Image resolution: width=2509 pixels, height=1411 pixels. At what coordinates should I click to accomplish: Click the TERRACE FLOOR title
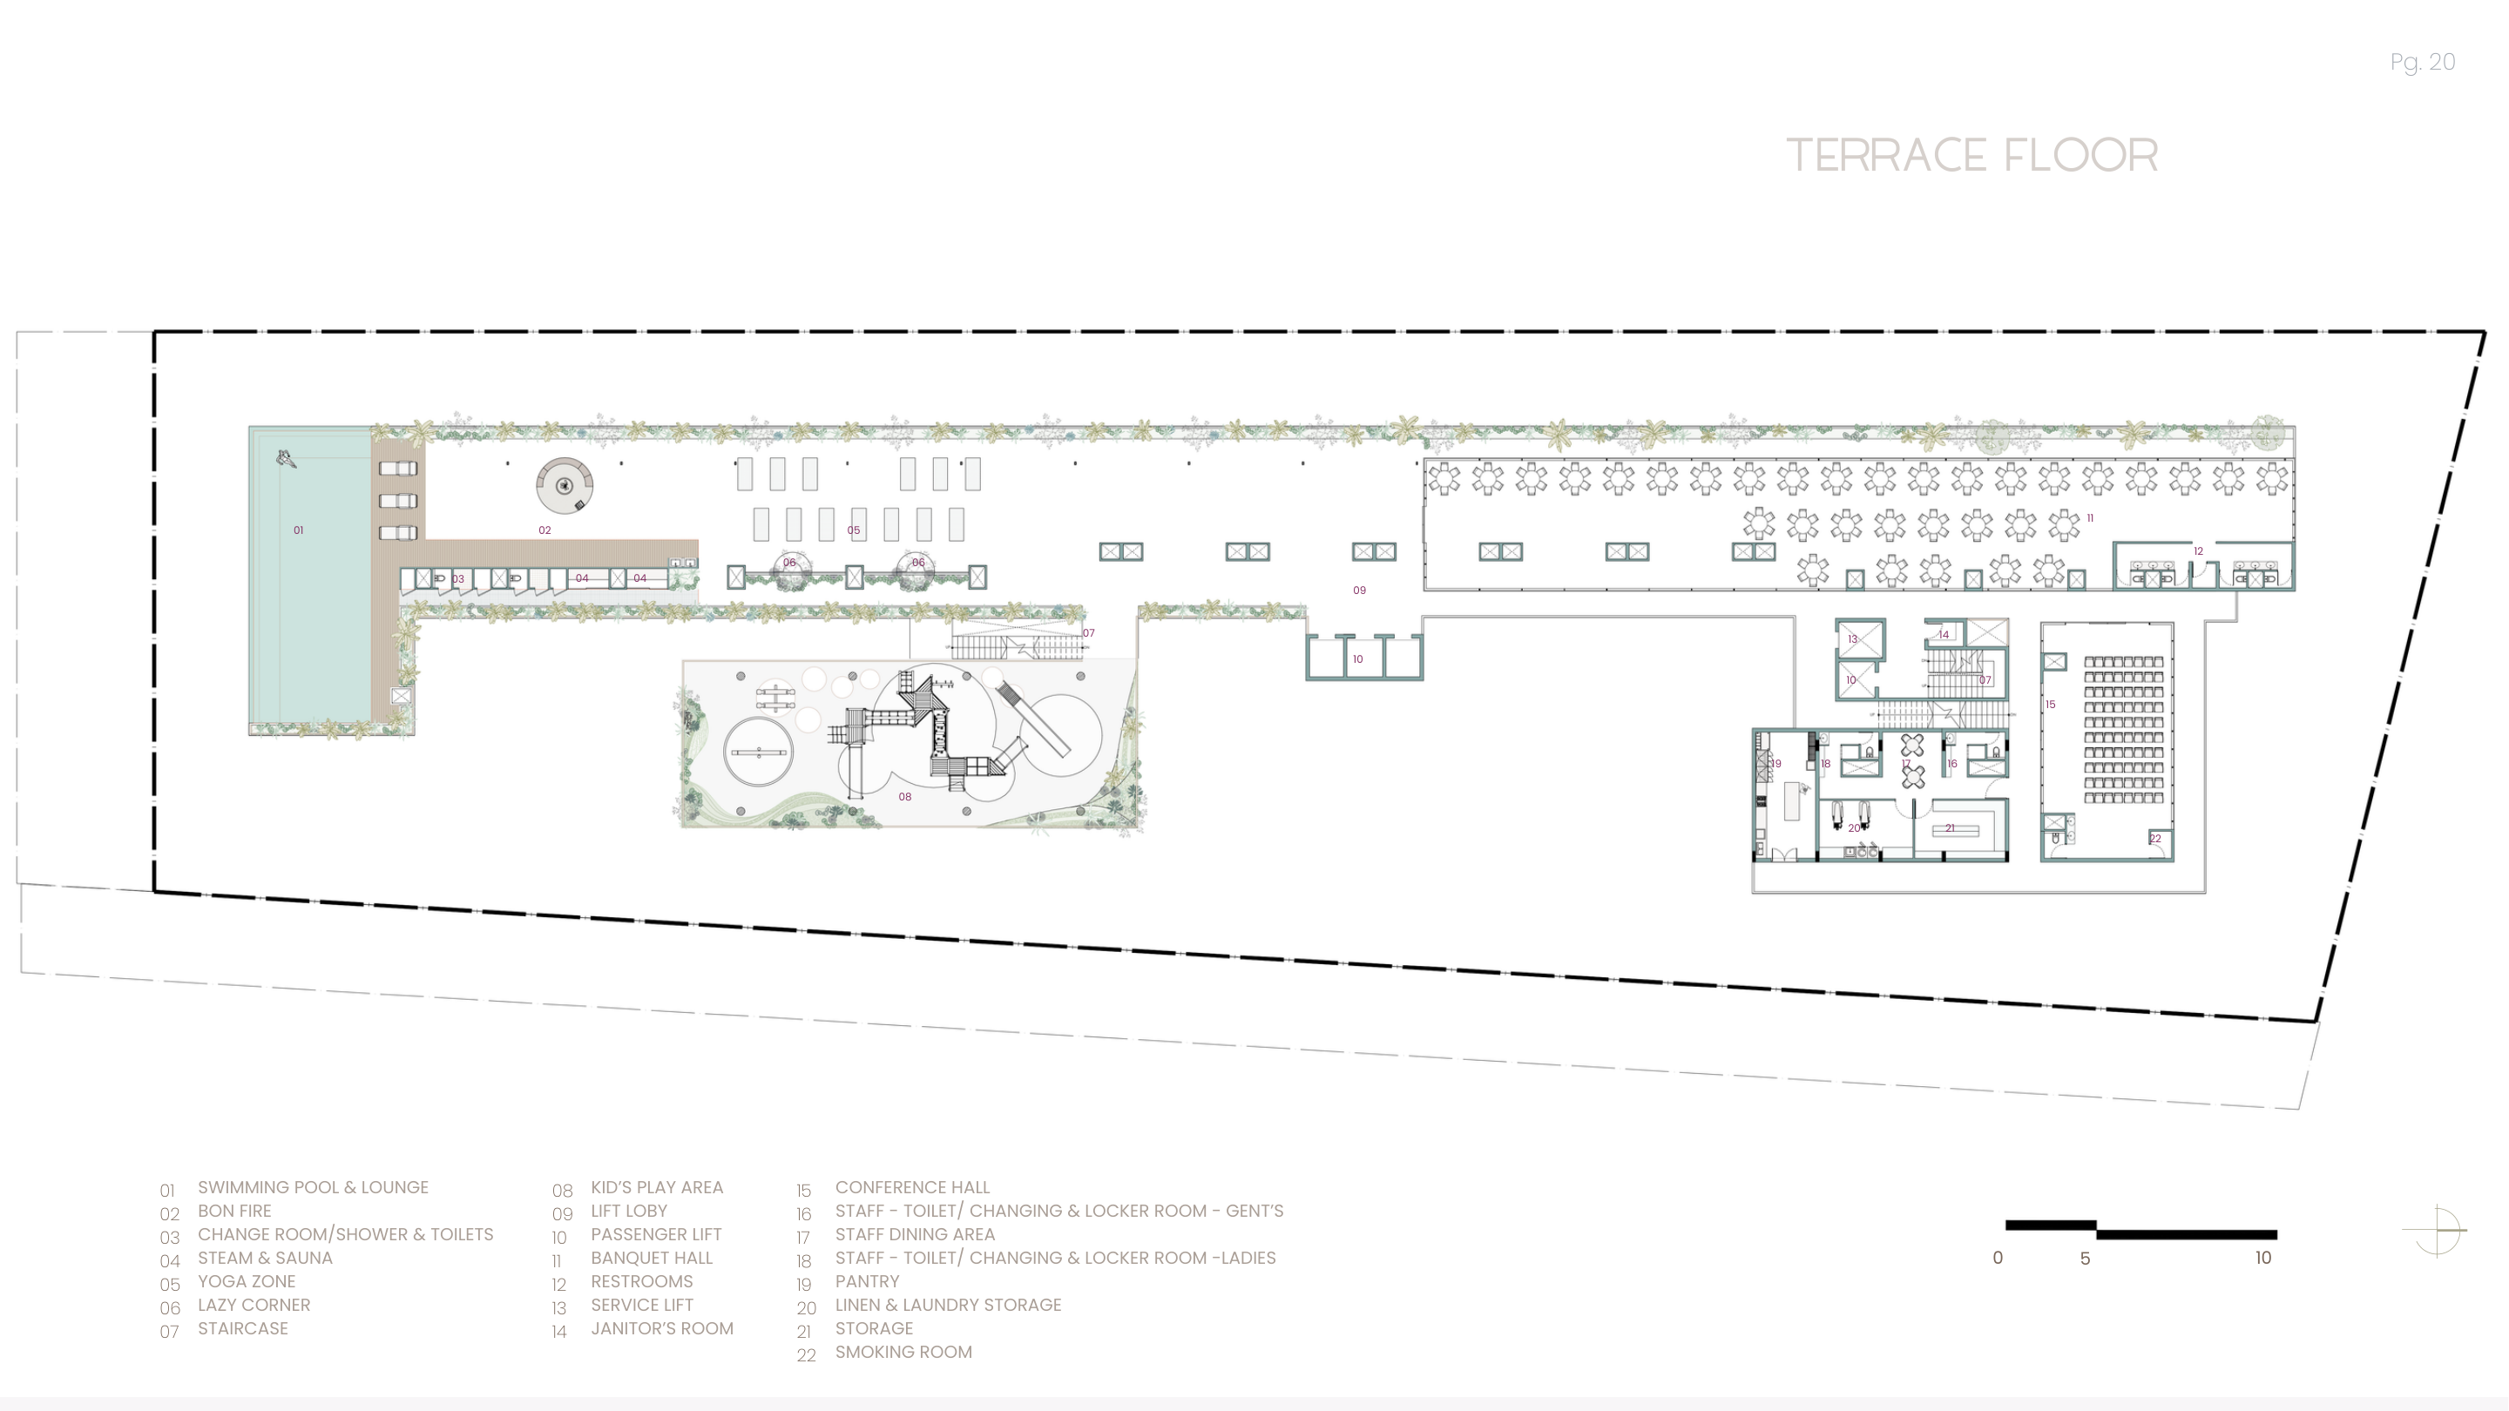pyautogui.click(x=1971, y=156)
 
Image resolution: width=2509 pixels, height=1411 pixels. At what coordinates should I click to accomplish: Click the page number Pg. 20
pyautogui.click(x=2421, y=63)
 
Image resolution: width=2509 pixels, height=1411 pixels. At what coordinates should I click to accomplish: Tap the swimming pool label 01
pyautogui.click(x=298, y=530)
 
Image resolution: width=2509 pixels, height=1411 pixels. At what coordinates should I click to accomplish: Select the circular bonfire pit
pyautogui.click(x=564, y=485)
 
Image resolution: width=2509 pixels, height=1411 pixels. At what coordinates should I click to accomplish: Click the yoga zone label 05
pyautogui.click(x=853, y=530)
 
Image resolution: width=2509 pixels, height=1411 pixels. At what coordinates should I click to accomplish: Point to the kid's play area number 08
pyautogui.click(x=905, y=797)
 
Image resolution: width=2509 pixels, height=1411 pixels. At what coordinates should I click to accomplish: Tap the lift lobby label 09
pyautogui.click(x=1359, y=591)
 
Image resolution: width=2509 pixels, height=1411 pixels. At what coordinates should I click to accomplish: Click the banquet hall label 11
pyautogui.click(x=2089, y=518)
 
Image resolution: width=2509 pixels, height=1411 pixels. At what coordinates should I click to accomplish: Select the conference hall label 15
pyautogui.click(x=2050, y=704)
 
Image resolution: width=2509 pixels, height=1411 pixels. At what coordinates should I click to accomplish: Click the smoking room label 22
pyautogui.click(x=2154, y=839)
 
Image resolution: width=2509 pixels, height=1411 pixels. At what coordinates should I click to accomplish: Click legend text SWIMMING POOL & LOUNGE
pyautogui.click(x=313, y=1187)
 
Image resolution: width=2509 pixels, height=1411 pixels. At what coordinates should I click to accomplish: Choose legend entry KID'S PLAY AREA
pyautogui.click(x=657, y=1187)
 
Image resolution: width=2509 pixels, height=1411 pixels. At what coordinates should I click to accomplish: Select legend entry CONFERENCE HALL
pyautogui.click(x=911, y=1187)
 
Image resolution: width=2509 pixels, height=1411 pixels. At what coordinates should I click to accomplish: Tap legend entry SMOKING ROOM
pyautogui.click(x=903, y=1352)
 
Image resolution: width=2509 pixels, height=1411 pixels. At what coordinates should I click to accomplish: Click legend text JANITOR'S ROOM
pyautogui.click(x=661, y=1328)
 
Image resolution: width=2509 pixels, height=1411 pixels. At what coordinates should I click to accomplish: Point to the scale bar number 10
pyautogui.click(x=2262, y=1258)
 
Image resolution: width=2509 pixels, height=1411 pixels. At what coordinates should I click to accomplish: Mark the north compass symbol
pyautogui.click(x=2436, y=1231)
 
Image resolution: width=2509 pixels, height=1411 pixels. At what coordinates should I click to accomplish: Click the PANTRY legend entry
pyautogui.click(x=867, y=1281)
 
